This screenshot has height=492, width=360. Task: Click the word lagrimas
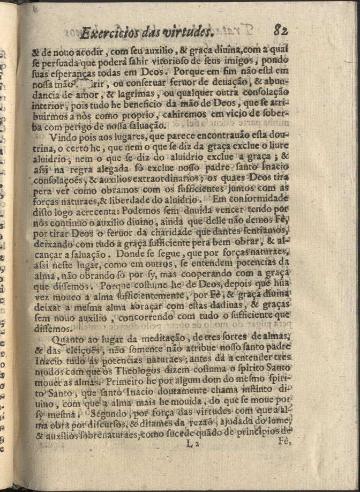[x=143, y=94]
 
